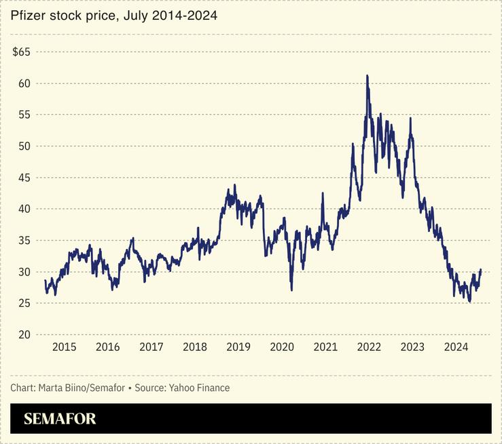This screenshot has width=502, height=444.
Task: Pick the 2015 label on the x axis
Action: tap(65, 347)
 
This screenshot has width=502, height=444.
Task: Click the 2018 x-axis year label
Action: tap(195, 347)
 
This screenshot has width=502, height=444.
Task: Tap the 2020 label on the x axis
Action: tap(282, 347)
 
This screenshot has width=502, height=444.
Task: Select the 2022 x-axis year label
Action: tap(369, 347)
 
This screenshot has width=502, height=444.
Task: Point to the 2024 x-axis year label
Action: tap(456, 347)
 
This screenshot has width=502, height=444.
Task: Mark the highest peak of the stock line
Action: tap(367, 75)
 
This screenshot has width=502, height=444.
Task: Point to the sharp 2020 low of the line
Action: tap(292, 290)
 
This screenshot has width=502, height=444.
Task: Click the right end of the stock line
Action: tap(481, 270)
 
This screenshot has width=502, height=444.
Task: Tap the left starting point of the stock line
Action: tap(45, 280)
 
